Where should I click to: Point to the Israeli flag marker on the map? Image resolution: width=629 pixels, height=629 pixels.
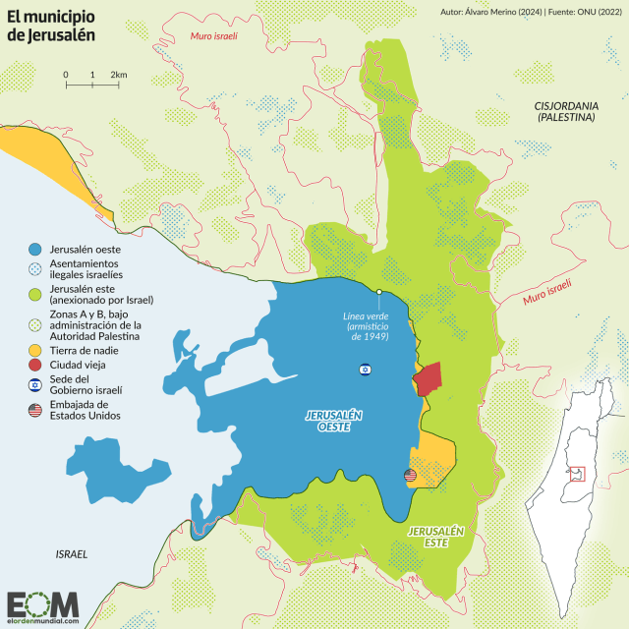pyautogui.click(x=366, y=370)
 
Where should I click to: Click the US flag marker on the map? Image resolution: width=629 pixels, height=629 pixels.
pyautogui.click(x=410, y=476)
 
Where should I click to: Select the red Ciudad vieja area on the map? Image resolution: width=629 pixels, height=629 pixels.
pyautogui.click(x=429, y=378)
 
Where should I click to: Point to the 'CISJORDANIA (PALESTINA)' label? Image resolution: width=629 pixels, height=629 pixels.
pyautogui.click(x=567, y=110)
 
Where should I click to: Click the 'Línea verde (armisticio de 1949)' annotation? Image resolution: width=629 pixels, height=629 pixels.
pyautogui.click(x=365, y=325)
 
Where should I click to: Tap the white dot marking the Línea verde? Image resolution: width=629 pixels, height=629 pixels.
pyautogui.click(x=379, y=292)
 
